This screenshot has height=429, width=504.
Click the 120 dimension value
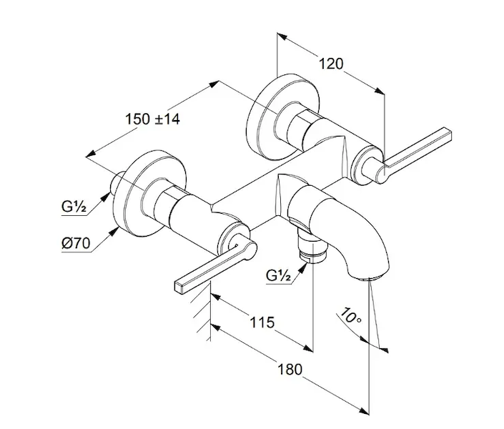pyautogui.click(x=331, y=64)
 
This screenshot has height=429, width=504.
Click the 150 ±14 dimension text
pyautogui.click(x=152, y=119)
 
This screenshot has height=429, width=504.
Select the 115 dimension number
pyautogui.click(x=262, y=322)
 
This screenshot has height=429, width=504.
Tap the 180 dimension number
pyautogui.click(x=290, y=370)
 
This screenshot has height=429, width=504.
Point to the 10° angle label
pyautogui.click(x=351, y=315)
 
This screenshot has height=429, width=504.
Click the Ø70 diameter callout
pyautogui.click(x=76, y=243)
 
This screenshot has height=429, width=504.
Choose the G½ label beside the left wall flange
pyautogui.click(x=74, y=207)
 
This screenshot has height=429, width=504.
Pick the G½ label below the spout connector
pyautogui.click(x=278, y=275)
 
